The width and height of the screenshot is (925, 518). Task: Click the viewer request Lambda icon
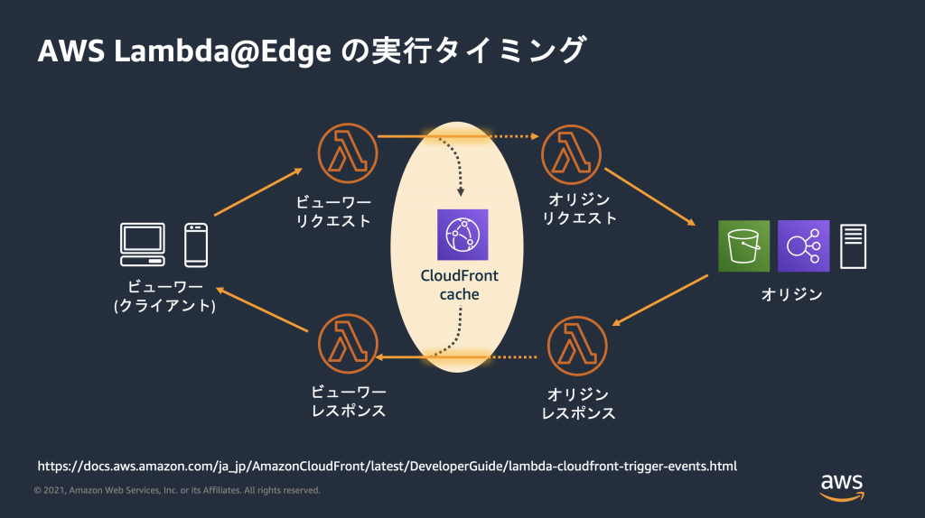348,153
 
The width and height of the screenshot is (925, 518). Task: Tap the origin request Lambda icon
571,153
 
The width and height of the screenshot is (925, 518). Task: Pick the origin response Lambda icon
577,347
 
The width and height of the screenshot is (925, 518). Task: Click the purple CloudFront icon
462,235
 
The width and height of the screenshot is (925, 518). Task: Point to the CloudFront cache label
461,285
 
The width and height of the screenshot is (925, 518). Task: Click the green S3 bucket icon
743,245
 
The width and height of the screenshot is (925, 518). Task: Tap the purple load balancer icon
803,245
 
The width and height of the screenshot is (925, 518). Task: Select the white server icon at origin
854,245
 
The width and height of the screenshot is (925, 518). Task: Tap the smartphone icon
196,245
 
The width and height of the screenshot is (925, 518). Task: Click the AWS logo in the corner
842,486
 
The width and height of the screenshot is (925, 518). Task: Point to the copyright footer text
177,490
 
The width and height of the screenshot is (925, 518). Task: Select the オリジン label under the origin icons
791,294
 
